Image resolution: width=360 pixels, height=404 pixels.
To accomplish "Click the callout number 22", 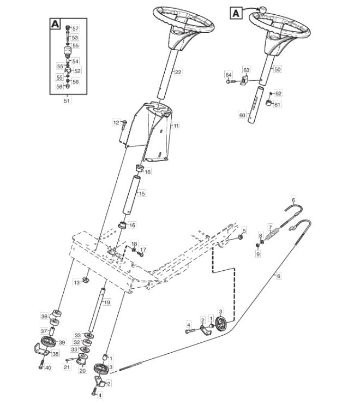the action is click(178, 72).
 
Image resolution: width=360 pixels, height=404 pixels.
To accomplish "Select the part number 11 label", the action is click(176, 126).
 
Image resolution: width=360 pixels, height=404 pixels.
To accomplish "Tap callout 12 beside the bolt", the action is click(116, 122).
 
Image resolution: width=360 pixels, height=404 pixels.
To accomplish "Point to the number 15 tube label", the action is click(142, 193).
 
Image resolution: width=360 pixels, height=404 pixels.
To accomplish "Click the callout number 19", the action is click(107, 302).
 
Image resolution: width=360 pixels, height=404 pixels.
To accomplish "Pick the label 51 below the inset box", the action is click(67, 100).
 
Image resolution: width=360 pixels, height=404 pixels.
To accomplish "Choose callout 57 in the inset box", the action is click(75, 28).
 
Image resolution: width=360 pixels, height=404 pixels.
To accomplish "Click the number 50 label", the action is click(277, 69).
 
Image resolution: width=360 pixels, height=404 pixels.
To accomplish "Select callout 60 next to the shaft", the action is click(242, 115).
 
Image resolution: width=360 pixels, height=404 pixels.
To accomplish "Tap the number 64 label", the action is click(229, 75).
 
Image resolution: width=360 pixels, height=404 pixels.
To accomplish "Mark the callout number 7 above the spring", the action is click(270, 228).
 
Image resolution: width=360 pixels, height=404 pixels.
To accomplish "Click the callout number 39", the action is click(62, 342).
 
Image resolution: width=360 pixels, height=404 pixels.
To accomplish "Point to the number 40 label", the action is click(48, 367).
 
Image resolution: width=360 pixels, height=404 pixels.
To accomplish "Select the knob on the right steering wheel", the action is click(263, 10).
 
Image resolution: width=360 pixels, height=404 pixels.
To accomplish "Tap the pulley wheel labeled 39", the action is click(48, 342).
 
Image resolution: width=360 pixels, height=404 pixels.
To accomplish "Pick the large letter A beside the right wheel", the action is click(236, 13).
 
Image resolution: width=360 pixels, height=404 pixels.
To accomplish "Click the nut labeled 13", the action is click(86, 280).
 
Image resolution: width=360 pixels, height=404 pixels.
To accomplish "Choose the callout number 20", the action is click(82, 371).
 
